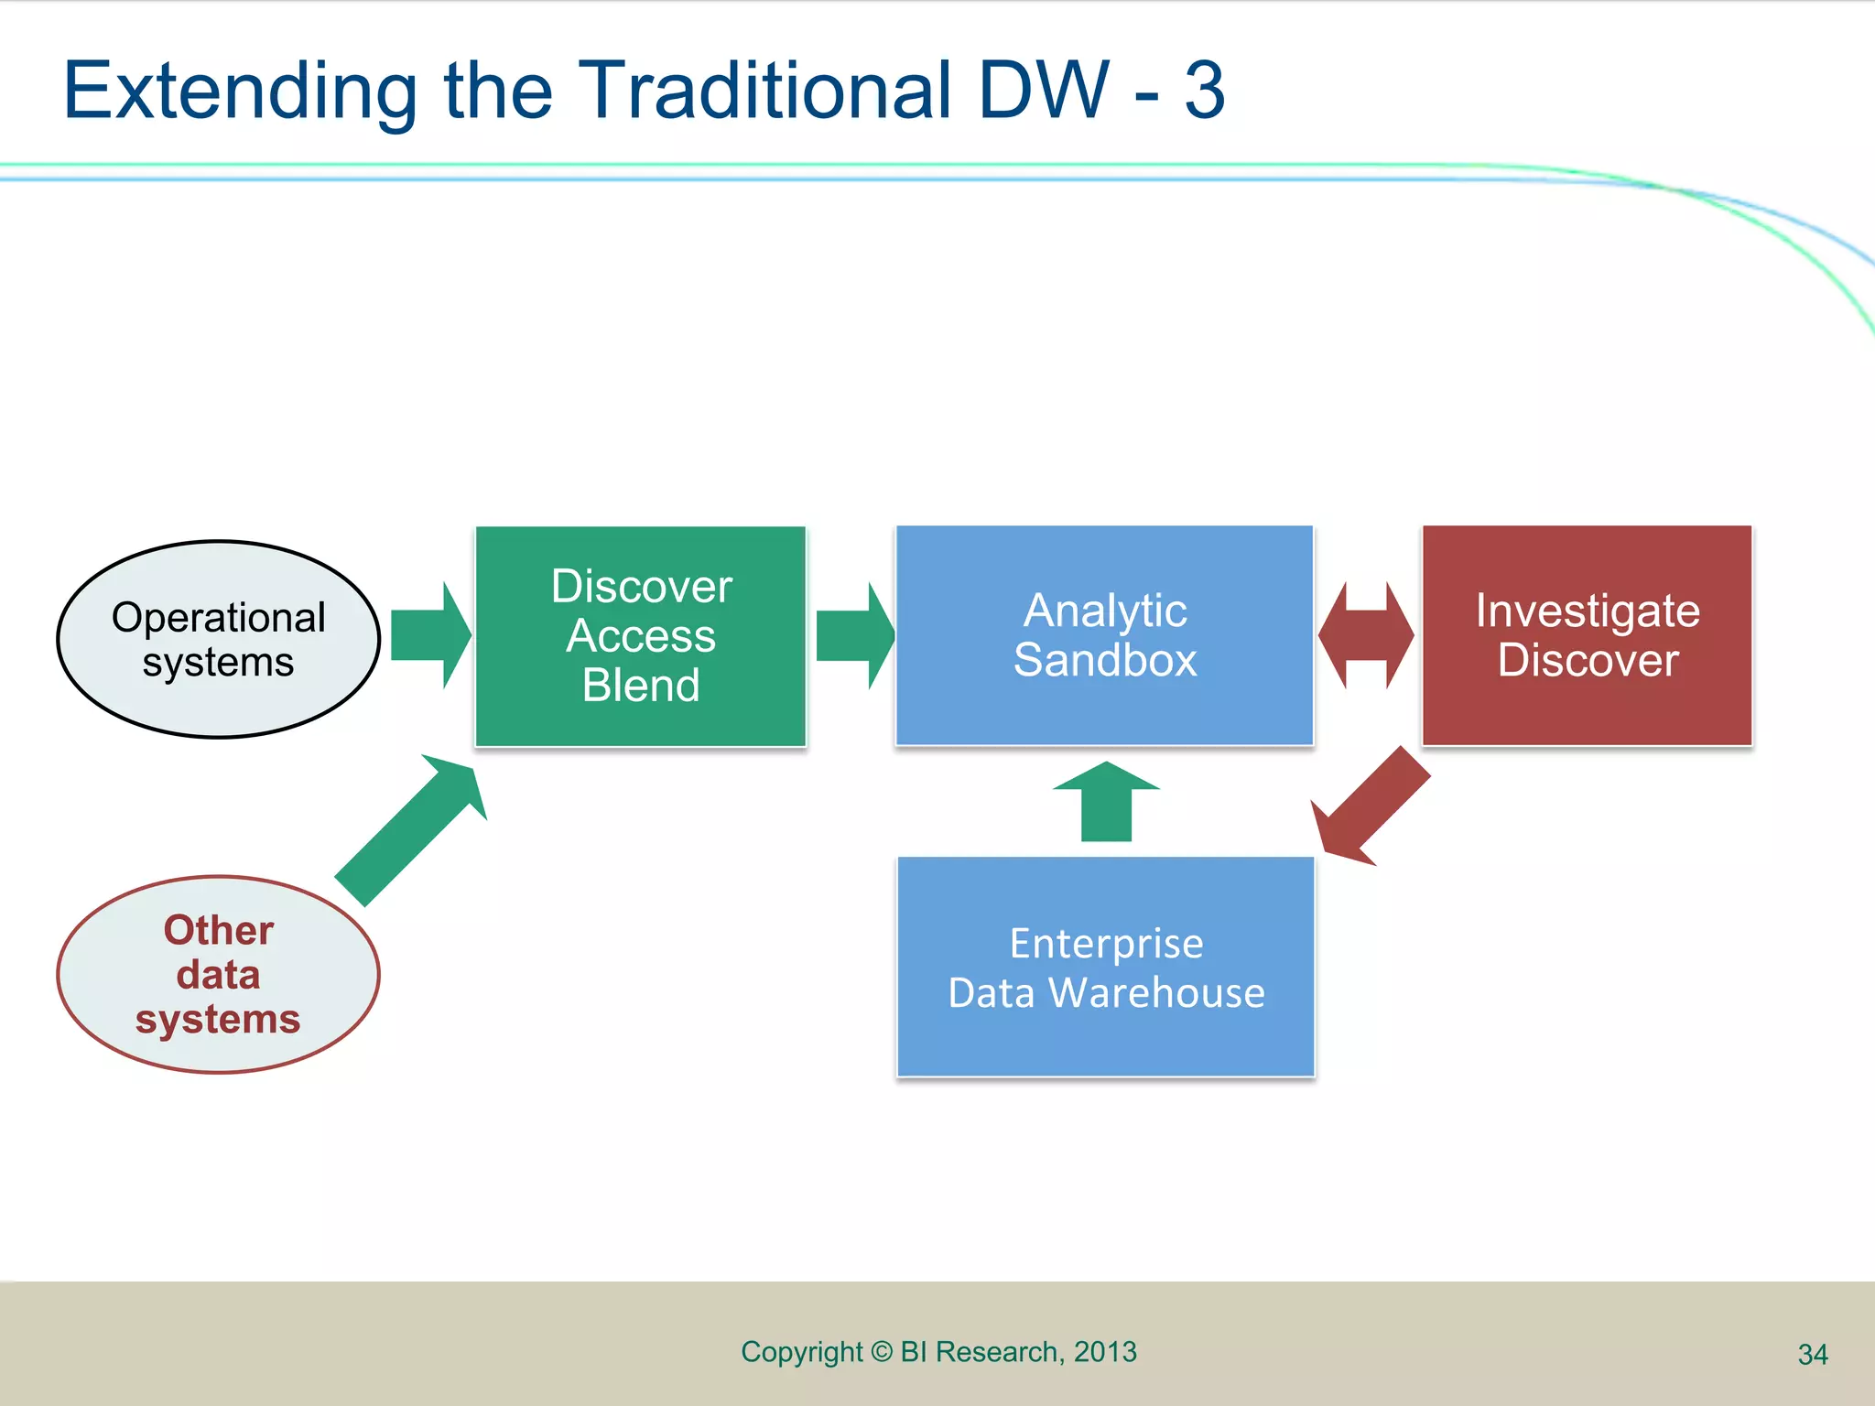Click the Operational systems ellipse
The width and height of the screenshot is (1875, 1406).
pyautogui.click(x=218, y=639)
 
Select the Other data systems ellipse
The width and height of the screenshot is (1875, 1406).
pyautogui.click(x=218, y=974)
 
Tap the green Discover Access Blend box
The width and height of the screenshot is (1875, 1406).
pyautogui.click(x=641, y=636)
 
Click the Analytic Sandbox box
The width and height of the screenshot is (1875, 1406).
pyautogui.click(x=1104, y=635)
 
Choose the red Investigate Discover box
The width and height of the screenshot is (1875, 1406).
pyautogui.click(x=1587, y=635)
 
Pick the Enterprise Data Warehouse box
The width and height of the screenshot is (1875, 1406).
pyautogui.click(x=1106, y=968)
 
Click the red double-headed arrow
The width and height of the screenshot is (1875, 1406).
pyautogui.click(x=1366, y=635)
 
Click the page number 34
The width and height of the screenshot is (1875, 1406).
pyautogui.click(x=1813, y=1354)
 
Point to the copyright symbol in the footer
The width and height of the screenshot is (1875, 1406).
pyautogui.click(x=881, y=1352)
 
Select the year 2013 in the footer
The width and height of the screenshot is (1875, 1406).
pyautogui.click(x=1105, y=1352)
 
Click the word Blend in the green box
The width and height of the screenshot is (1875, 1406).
pyautogui.click(x=641, y=685)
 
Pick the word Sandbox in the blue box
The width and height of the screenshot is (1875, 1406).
pyautogui.click(x=1105, y=660)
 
